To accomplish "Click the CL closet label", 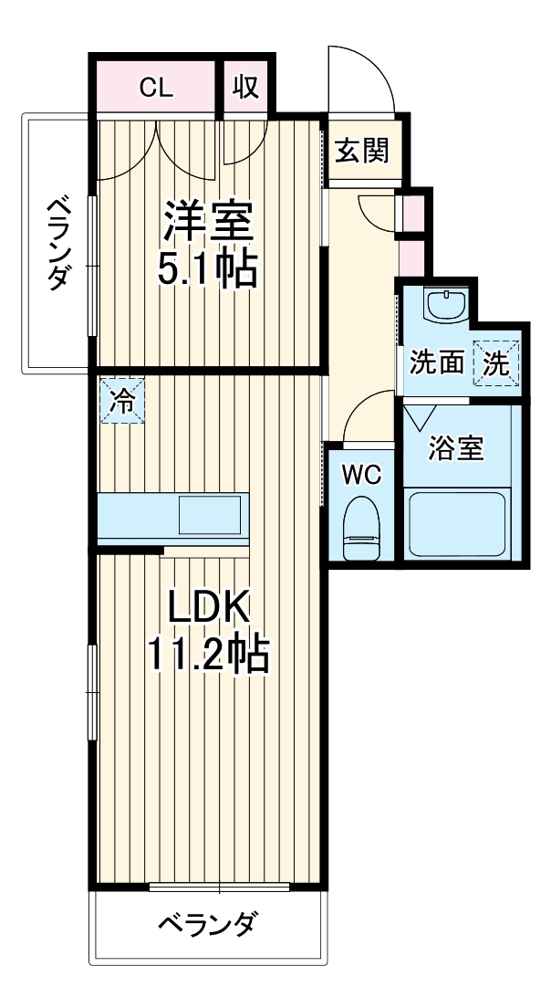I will (155, 88).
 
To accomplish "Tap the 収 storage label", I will (245, 88).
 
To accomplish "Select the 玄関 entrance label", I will (361, 150).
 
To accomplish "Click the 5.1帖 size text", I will (208, 268).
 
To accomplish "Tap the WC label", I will (360, 475).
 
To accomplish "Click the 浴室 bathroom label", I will (457, 448).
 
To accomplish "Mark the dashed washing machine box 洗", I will (497, 363).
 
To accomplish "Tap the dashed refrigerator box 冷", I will (121, 400).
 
